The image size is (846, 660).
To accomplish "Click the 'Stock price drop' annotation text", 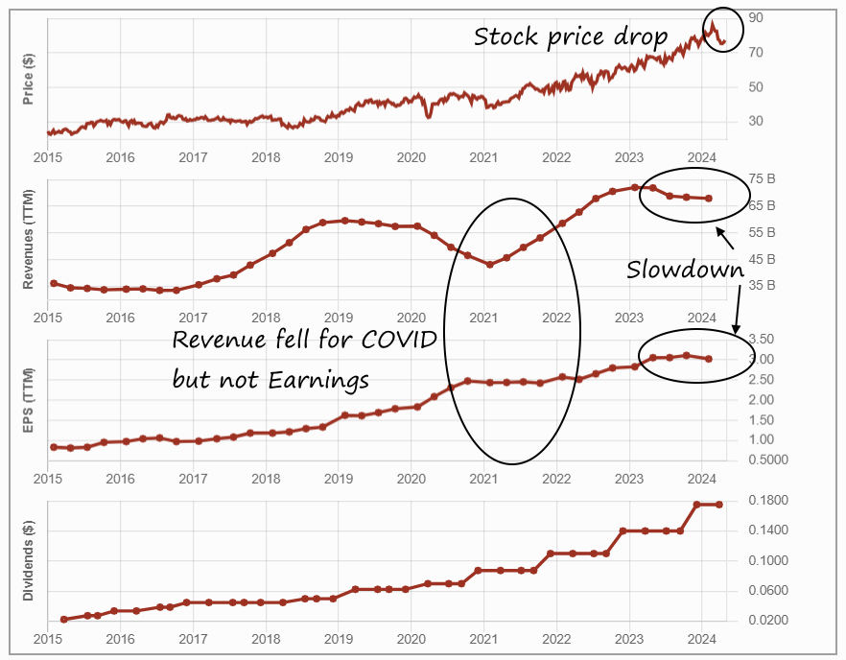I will click(x=570, y=37).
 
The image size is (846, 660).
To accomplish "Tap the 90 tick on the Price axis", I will click(x=756, y=18).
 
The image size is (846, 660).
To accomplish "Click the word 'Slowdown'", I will click(x=685, y=271).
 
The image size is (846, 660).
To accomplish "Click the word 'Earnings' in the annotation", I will click(x=321, y=380).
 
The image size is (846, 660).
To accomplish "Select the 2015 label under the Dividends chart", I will click(x=48, y=639).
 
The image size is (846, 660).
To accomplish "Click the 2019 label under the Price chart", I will click(x=338, y=157).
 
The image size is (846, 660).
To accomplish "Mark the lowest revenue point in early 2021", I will click(x=489, y=264).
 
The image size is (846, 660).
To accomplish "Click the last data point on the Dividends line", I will click(x=719, y=505).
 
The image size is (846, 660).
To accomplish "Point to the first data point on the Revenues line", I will click(x=54, y=283).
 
